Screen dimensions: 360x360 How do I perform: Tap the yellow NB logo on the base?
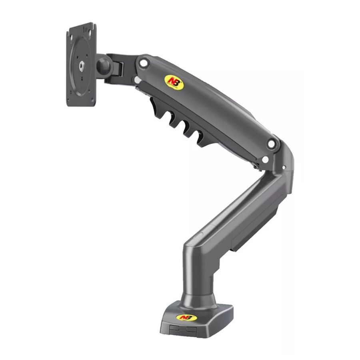pos(185,317)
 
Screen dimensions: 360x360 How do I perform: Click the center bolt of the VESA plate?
pos(82,64)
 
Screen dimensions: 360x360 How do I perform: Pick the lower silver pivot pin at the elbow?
pos(265,160)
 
